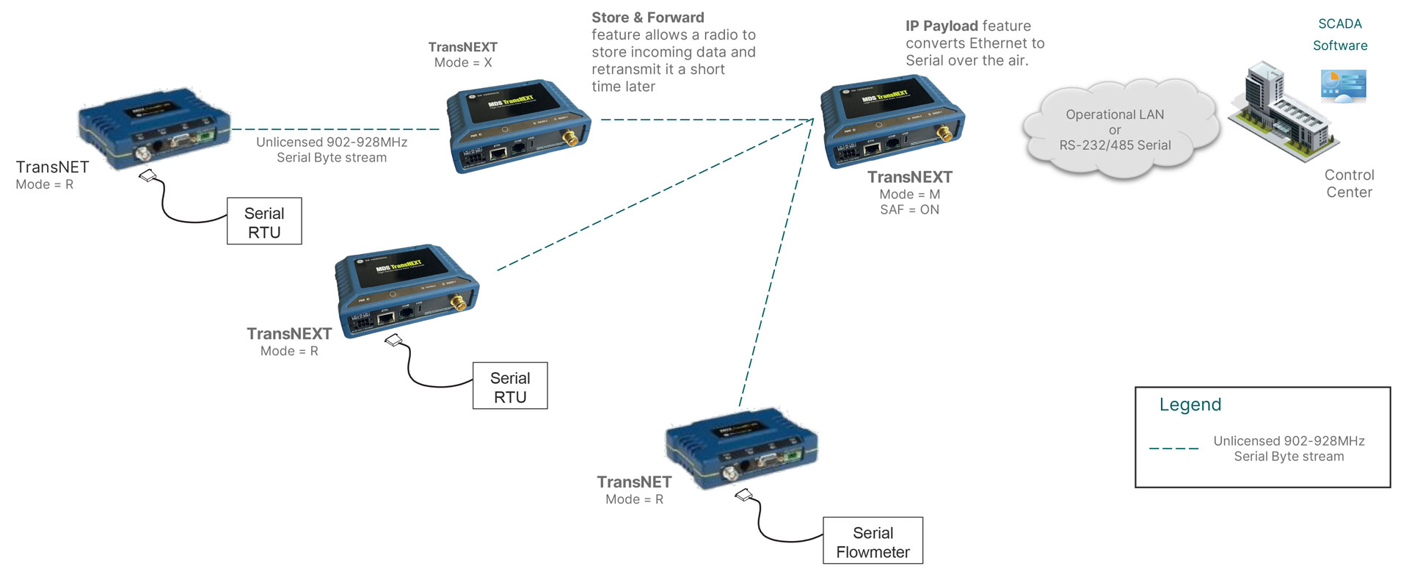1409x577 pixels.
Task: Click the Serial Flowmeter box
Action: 873,541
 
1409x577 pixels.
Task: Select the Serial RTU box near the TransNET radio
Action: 264,221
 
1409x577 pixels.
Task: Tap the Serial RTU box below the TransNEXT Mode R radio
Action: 510,386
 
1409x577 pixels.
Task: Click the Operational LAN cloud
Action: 1115,131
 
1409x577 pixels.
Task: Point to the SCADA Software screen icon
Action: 1343,85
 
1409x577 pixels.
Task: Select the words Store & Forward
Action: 647,18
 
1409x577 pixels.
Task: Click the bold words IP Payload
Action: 941,26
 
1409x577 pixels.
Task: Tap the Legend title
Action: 1190,404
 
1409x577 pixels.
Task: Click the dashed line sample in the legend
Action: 1173,449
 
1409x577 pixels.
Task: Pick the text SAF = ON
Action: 909,210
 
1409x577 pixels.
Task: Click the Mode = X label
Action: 463,63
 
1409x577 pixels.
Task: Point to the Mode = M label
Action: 909,195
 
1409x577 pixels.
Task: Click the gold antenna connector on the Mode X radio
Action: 569,137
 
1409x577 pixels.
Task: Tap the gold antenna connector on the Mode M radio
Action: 945,133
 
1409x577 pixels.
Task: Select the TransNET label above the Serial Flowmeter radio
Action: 634,482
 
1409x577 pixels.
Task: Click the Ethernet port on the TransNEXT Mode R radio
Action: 386,318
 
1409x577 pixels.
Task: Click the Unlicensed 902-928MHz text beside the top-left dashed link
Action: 332,142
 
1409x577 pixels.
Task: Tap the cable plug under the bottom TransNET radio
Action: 744,496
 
